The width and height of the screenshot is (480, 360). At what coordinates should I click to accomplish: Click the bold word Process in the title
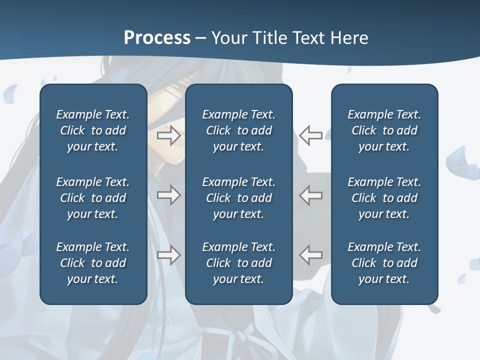[x=157, y=38]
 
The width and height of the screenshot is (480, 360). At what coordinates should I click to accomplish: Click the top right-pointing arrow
[x=168, y=135]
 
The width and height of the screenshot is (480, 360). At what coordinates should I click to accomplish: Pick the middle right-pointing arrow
[x=168, y=195]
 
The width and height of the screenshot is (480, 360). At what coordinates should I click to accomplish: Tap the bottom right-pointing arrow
[x=168, y=255]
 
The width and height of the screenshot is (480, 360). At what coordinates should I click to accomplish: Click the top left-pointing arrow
[x=310, y=135]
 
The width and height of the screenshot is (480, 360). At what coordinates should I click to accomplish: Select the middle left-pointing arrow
[x=310, y=195]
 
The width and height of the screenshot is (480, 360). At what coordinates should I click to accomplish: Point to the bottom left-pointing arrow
[x=310, y=255]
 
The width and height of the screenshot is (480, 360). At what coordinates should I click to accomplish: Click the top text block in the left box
[x=93, y=130]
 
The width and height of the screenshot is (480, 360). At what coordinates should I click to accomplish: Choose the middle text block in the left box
[x=93, y=198]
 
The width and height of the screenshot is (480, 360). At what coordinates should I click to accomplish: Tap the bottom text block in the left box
[x=93, y=263]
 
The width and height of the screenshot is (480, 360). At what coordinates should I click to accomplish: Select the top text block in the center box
[x=238, y=130]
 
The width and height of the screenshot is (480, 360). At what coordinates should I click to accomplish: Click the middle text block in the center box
[x=238, y=198]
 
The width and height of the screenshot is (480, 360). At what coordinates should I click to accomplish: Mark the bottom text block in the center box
[x=238, y=263]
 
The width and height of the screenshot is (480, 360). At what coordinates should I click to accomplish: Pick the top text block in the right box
[x=384, y=130]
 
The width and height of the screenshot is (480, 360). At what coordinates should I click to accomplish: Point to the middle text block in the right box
[x=384, y=198]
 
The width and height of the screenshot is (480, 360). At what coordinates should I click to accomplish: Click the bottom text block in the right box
[x=384, y=263]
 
